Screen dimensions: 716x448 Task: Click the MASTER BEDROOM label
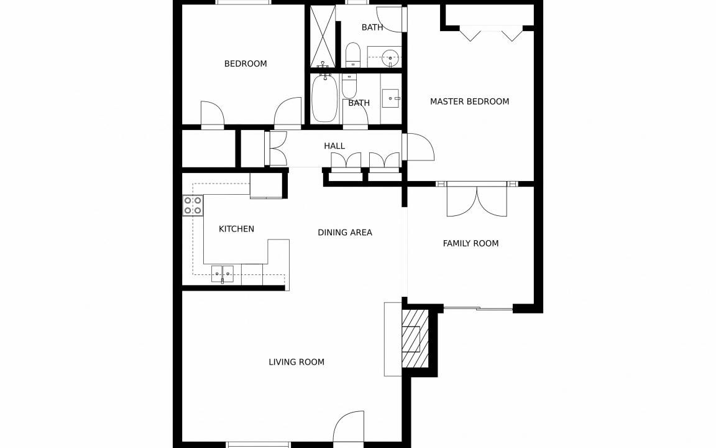(469, 101)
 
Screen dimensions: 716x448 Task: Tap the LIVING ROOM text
(296, 362)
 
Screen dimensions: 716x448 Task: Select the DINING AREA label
(345, 232)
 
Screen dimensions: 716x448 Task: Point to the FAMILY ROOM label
(470, 243)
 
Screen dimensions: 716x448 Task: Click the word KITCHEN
(236, 228)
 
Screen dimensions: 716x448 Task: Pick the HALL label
(334, 146)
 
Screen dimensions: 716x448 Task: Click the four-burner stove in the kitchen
(193, 205)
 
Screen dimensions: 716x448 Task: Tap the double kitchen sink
(223, 274)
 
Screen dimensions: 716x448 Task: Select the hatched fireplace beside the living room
(415, 338)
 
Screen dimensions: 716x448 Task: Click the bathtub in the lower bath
(324, 99)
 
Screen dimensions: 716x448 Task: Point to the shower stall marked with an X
(323, 37)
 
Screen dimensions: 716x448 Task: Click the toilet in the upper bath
(352, 55)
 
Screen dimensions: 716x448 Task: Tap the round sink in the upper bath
(390, 58)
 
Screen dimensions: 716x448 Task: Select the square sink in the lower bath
(391, 98)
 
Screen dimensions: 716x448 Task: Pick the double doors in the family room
(477, 201)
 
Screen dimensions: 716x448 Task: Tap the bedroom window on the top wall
(244, 2)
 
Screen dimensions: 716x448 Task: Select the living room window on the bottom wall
(259, 444)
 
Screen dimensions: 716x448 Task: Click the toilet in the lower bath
(349, 86)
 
